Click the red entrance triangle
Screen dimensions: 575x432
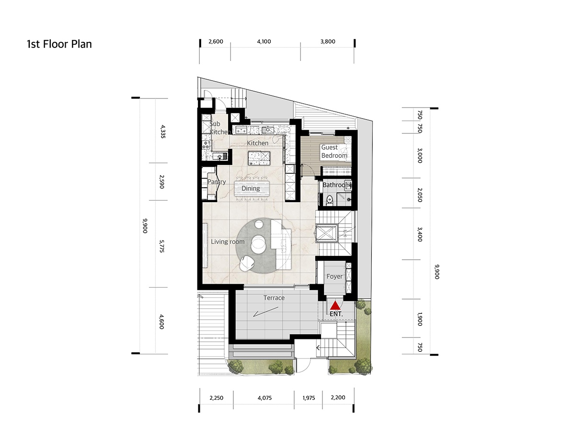(x=334, y=305)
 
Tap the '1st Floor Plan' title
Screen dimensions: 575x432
(x=59, y=44)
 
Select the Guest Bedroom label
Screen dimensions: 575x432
(x=334, y=151)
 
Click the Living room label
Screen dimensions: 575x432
(x=228, y=241)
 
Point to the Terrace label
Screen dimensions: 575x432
(x=274, y=298)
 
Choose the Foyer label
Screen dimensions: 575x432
(x=334, y=276)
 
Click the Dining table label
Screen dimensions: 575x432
(x=251, y=188)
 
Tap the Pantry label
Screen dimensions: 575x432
(x=217, y=182)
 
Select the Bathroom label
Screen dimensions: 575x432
(x=337, y=185)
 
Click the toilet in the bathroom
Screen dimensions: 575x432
(x=330, y=200)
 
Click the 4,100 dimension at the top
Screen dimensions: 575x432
(x=264, y=41)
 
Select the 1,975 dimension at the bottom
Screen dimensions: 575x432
(x=309, y=398)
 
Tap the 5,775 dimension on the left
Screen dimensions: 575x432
(x=161, y=246)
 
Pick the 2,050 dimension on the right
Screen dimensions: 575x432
(x=420, y=194)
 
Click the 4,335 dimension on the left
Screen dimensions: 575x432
(x=162, y=132)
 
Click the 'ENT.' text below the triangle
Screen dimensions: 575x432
(x=336, y=314)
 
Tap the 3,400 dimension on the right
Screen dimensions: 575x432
(x=420, y=234)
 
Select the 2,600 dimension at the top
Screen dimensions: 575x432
(x=216, y=41)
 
